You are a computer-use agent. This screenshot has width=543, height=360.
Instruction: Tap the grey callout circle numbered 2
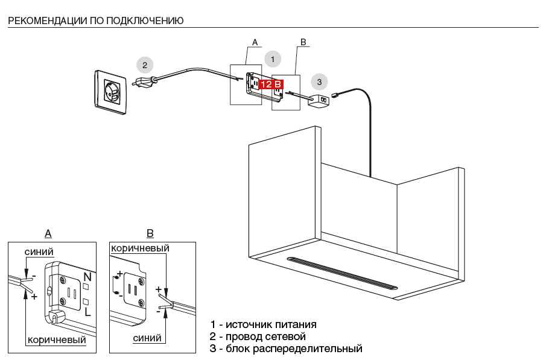pos(144,65)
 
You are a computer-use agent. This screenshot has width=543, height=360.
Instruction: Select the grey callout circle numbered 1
pos(273,59)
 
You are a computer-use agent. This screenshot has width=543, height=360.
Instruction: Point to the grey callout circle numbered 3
pos(319,81)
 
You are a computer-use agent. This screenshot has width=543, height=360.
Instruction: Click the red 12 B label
pos(270,84)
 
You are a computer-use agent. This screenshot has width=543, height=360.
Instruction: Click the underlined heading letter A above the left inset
pos(48,234)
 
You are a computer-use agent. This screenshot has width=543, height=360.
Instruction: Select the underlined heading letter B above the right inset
pos(150,234)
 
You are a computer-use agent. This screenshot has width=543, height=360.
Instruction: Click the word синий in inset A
pos(39,251)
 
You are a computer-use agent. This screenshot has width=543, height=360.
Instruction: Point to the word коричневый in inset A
pos(56,340)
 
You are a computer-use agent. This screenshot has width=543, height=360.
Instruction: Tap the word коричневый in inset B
pos(139,248)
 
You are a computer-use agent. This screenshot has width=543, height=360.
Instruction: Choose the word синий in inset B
pos(147,338)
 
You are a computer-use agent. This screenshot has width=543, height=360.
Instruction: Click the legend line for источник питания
pos(263,324)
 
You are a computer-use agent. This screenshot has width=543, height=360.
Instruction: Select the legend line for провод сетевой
pos(258,336)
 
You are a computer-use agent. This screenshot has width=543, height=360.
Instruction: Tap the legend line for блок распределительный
pos(286,349)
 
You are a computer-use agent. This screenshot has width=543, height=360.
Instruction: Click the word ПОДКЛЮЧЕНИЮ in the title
pos(145,21)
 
